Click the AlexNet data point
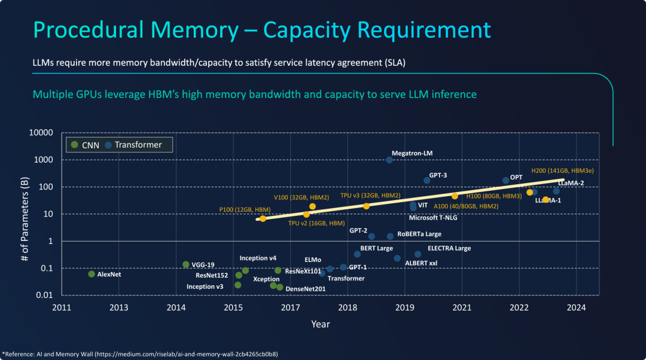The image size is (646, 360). coord(92,274)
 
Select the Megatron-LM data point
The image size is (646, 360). coord(389,160)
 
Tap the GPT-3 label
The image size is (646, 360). coord(438,175)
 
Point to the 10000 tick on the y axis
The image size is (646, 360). coord(41,133)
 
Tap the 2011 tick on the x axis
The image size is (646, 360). coord(62,308)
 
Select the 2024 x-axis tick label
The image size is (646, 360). coord(576,308)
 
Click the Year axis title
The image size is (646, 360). coord(320,324)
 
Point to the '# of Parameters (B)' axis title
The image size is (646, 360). coord(25,213)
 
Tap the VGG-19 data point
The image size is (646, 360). coord(185,264)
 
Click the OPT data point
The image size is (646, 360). coord(506,180)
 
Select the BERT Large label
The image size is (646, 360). coord(376,248)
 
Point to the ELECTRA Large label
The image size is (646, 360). coord(449,248)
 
